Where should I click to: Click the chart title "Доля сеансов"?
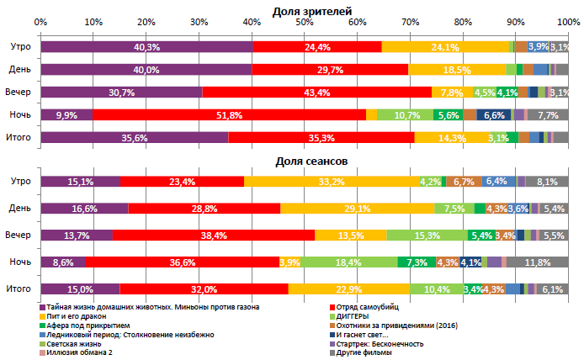pos(312,160)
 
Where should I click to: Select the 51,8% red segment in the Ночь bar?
pos(229,114)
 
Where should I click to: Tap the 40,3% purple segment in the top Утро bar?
pos(146,47)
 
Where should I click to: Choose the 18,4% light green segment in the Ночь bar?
pos(348,262)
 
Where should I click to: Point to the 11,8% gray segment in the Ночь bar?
pos(537,262)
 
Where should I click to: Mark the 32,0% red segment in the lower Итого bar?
pos(204,289)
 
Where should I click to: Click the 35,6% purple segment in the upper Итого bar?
pos(135,137)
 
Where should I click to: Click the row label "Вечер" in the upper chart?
pos(19,92)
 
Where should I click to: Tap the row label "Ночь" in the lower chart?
pos(20,262)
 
